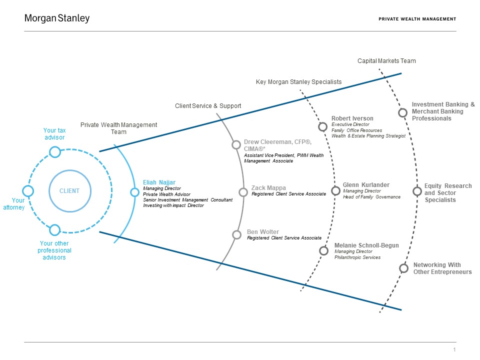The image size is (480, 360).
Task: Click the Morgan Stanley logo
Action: click(57, 18)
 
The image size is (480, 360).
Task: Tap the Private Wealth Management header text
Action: click(417, 19)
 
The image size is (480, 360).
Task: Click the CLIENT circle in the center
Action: click(69, 190)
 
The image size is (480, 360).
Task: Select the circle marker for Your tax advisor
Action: click(55, 151)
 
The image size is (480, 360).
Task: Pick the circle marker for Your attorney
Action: click(28, 191)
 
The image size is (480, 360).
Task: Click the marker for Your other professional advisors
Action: click(55, 230)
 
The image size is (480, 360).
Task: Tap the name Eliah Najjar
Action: click(159, 182)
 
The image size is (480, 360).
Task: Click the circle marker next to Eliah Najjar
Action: click(134, 192)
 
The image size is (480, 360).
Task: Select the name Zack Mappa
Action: click(268, 188)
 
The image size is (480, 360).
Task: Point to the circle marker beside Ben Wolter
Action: click(237, 234)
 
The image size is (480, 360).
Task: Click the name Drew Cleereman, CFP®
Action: click(274, 142)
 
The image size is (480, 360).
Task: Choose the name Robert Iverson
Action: click(352, 118)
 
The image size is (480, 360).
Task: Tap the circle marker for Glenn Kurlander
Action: click(336, 191)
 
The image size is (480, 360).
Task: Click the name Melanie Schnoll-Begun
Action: click(366, 245)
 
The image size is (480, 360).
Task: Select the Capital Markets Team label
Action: click(386, 61)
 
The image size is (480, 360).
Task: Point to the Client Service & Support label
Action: click(208, 106)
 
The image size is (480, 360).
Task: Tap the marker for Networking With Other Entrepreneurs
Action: click(403, 268)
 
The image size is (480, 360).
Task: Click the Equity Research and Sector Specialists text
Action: click(447, 192)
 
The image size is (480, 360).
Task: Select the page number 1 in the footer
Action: click(454, 349)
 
